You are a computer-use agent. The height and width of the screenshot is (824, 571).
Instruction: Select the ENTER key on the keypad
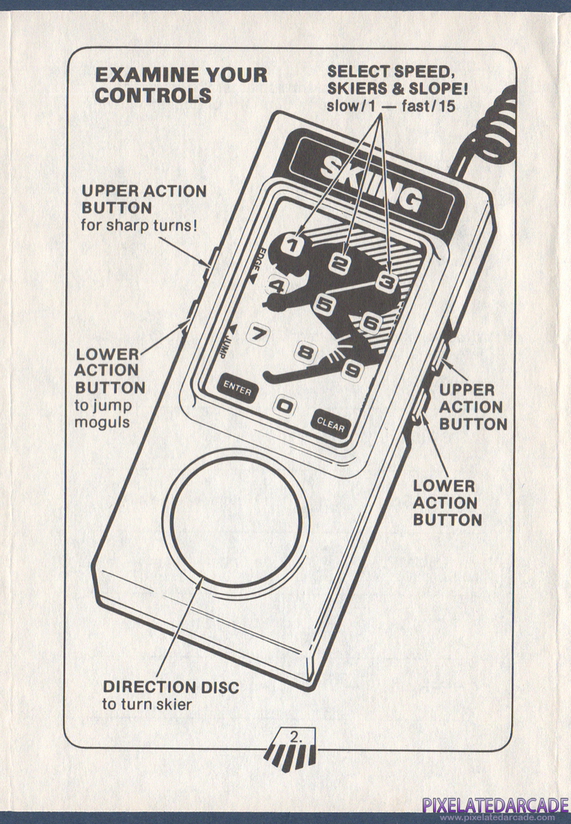point(237,390)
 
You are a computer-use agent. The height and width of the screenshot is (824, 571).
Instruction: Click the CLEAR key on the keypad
point(330,425)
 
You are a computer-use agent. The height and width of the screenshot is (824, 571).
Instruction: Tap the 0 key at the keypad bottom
point(284,406)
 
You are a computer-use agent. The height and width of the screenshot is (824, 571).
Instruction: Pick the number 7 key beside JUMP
point(259,335)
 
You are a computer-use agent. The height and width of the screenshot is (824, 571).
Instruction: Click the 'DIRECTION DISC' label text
point(172,686)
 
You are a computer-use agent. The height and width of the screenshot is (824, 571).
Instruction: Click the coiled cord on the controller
point(495,127)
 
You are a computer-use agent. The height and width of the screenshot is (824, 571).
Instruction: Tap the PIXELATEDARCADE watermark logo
point(495,806)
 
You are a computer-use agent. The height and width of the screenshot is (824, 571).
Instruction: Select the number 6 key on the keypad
point(370,323)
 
